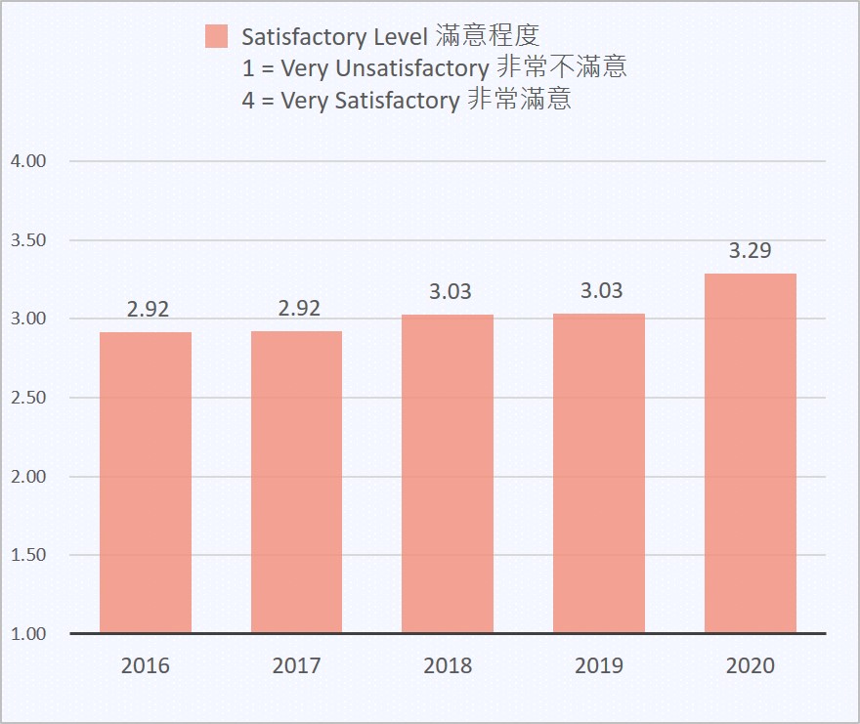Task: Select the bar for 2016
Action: pyautogui.click(x=146, y=483)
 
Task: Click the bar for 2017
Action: pyautogui.click(x=296, y=483)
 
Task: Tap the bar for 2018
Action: pyautogui.click(x=448, y=474)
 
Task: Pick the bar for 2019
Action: pyautogui.click(x=599, y=474)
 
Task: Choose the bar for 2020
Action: pyautogui.click(x=751, y=453)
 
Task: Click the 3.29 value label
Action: pyautogui.click(x=751, y=251)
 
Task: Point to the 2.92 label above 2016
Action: pyautogui.click(x=149, y=310)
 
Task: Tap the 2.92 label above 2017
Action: pyautogui.click(x=299, y=309)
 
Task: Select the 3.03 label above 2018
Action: pyautogui.click(x=451, y=291)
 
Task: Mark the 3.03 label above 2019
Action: pyautogui.click(x=601, y=291)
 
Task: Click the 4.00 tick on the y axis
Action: pyautogui.click(x=28, y=161)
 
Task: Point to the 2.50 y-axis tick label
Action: pyautogui.click(x=28, y=398)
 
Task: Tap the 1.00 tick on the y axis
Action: pyautogui.click(x=28, y=634)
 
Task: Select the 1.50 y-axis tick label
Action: pyautogui.click(x=28, y=555)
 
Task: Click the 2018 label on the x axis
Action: pyautogui.click(x=448, y=666)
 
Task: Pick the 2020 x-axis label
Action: pyautogui.click(x=751, y=666)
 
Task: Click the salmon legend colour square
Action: pyautogui.click(x=217, y=37)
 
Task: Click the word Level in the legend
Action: pyautogui.click(x=402, y=37)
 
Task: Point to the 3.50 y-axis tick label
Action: pyautogui.click(x=28, y=240)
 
